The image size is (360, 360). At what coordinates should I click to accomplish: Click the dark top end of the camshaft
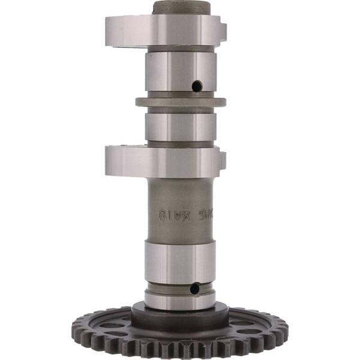[x=181, y=8]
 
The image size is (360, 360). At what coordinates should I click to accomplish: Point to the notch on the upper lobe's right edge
[x=223, y=29]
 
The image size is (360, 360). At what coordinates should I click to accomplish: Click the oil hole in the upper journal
[x=196, y=86]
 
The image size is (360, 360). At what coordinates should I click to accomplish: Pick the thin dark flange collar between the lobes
[x=180, y=102]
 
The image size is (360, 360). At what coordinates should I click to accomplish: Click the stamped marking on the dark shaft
[x=180, y=212]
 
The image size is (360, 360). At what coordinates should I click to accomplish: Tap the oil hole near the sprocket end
[x=194, y=289]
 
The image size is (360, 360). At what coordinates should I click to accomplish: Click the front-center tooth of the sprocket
[x=180, y=352]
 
